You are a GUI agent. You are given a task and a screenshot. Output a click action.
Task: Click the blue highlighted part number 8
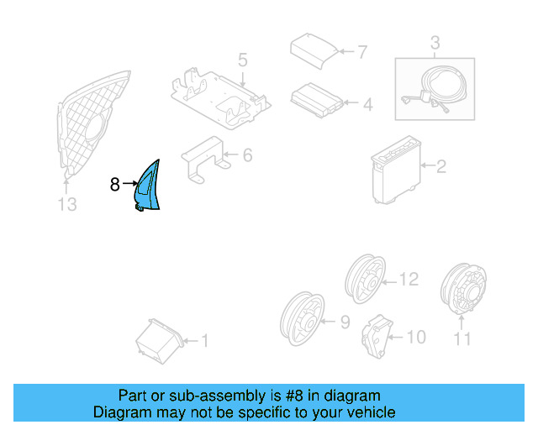[x=150, y=186]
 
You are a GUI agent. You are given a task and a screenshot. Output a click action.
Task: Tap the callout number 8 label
[x=115, y=184]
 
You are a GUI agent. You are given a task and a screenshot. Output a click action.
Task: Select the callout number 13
[x=66, y=204]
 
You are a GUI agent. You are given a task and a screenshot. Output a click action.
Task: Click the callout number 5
[x=242, y=60]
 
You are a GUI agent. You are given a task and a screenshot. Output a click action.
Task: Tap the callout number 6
[x=247, y=155]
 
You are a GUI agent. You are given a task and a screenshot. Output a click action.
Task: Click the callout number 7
[x=361, y=52]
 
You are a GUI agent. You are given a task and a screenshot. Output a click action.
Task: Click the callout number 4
[x=367, y=105]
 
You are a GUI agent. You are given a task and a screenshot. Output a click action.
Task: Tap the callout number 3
[x=435, y=42]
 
